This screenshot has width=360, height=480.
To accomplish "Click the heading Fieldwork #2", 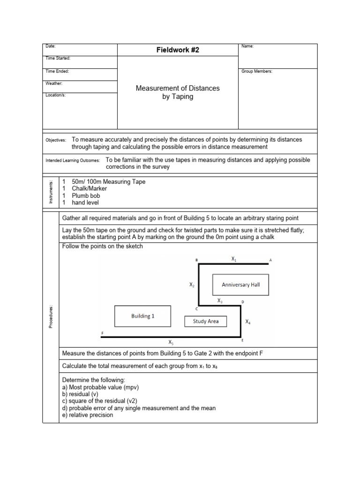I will [x=178, y=50].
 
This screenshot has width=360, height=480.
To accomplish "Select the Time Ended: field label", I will [x=57, y=71].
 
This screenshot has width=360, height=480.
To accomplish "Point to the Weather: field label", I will [x=54, y=83].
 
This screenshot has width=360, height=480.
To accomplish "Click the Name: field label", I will [x=247, y=46].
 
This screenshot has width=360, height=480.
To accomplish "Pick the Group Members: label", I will [x=256, y=71].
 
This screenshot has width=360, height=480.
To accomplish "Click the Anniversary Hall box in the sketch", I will [x=241, y=285].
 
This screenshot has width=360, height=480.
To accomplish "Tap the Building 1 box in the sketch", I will [x=143, y=316].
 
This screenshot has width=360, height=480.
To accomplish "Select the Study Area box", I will [x=206, y=322].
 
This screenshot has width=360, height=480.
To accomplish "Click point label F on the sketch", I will [x=102, y=333].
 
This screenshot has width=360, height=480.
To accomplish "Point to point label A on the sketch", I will [x=270, y=259].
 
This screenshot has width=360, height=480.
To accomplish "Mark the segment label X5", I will [x=171, y=343].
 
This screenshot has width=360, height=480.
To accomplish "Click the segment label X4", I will [x=248, y=322].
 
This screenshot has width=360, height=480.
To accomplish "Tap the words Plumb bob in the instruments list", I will [x=86, y=195].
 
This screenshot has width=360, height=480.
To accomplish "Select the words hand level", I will [x=85, y=202].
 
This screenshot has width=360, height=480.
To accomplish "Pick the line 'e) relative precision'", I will [x=88, y=415].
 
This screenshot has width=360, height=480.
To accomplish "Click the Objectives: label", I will [x=56, y=140].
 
